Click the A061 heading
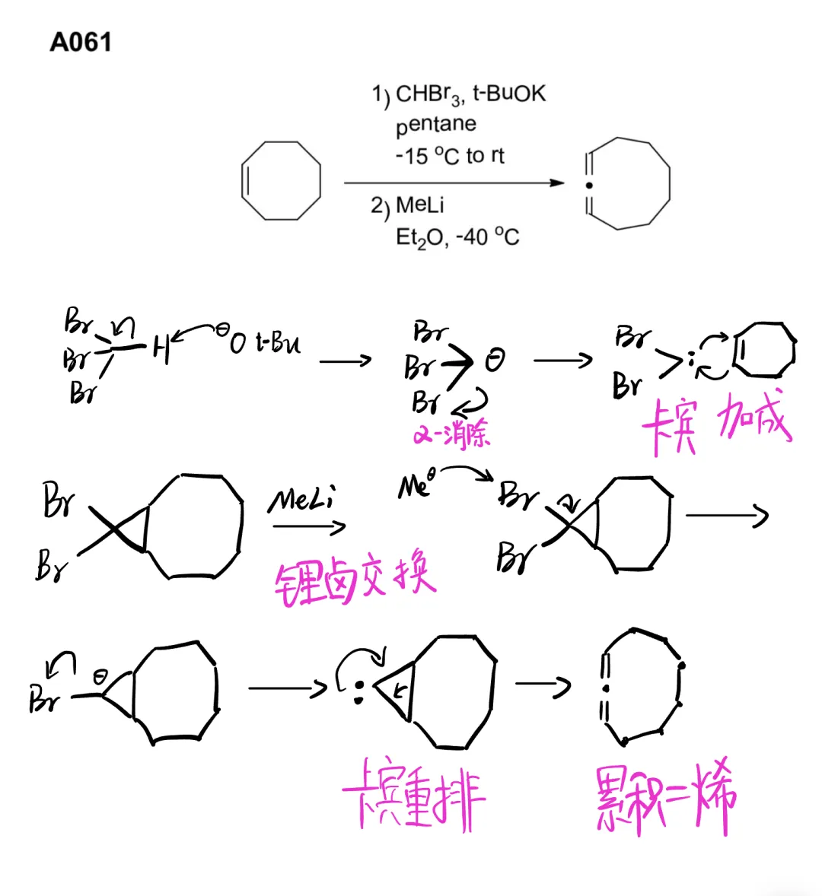click(x=81, y=42)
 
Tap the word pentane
click(x=435, y=125)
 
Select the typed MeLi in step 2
click(x=419, y=205)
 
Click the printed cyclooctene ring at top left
click(x=280, y=181)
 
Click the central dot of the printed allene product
click(x=588, y=185)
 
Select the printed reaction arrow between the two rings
click(x=454, y=183)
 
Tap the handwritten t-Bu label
click(x=279, y=343)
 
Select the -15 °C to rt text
click(x=449, y=156)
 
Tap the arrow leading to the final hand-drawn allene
click(x=542, y=685)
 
